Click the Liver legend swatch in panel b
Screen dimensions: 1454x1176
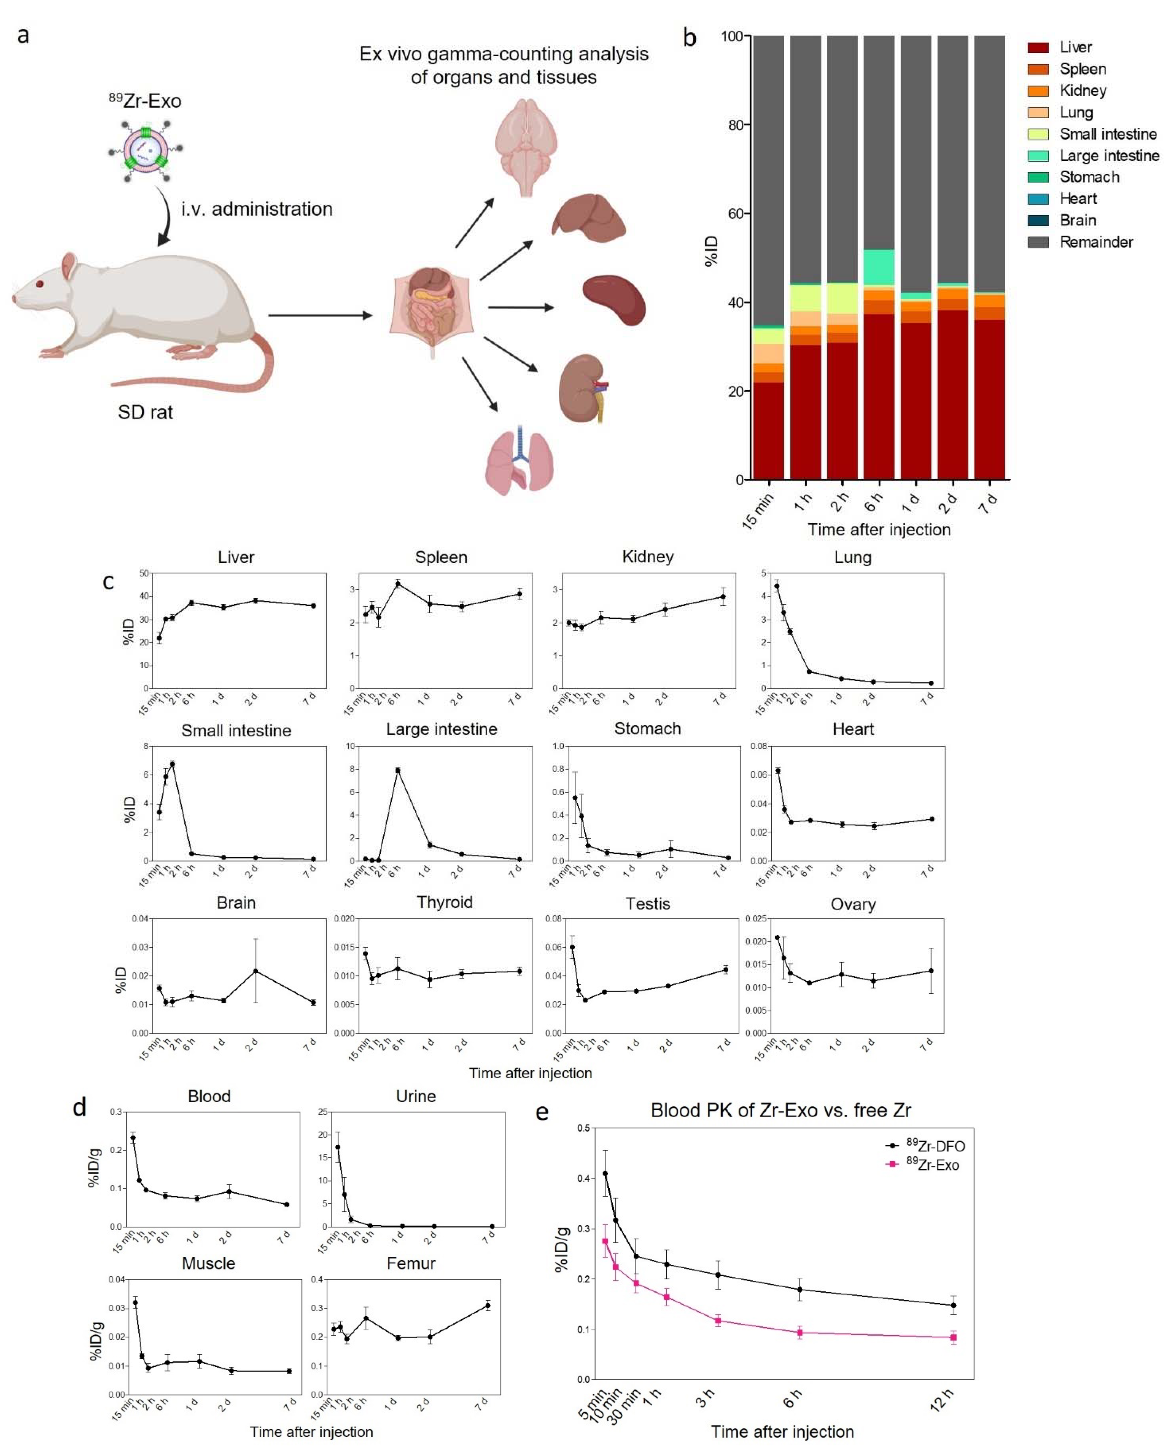(1038, 48)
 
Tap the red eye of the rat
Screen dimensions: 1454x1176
(40, 284)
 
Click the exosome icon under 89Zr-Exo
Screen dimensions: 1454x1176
(145, 150)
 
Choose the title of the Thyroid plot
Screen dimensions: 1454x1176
(444, 902)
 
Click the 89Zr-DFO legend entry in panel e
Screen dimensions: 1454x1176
(935, 1146)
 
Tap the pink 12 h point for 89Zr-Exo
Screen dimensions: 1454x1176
(953, 1337)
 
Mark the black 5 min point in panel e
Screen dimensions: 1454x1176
(605, 1174)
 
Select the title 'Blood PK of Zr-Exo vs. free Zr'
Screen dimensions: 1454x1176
(781, 1111)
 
